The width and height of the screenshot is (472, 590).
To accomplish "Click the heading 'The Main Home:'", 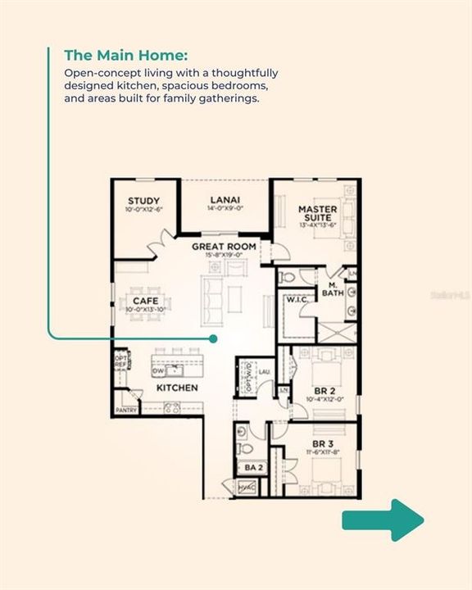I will click(x=126, y=55).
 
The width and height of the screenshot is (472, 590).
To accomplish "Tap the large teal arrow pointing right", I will click(x=383, y=520).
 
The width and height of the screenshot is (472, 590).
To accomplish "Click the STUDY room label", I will click(x=143, y=201).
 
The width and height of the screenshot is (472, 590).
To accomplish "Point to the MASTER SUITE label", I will click(x=318, y=214).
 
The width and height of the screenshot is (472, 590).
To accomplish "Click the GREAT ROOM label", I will click(x=224, y=246).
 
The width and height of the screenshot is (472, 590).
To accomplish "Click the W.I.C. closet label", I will click(x=296, y=300).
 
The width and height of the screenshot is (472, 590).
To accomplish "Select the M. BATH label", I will click(x=332, y=288).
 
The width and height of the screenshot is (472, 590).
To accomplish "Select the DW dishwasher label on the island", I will click(x=159, y=371).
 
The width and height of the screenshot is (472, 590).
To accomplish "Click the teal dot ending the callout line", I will click(x=213, y=338).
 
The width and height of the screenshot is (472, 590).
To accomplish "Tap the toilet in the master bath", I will click(x=287, y=278).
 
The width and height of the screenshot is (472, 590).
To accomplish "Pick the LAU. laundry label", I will click(x=265, y=371).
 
